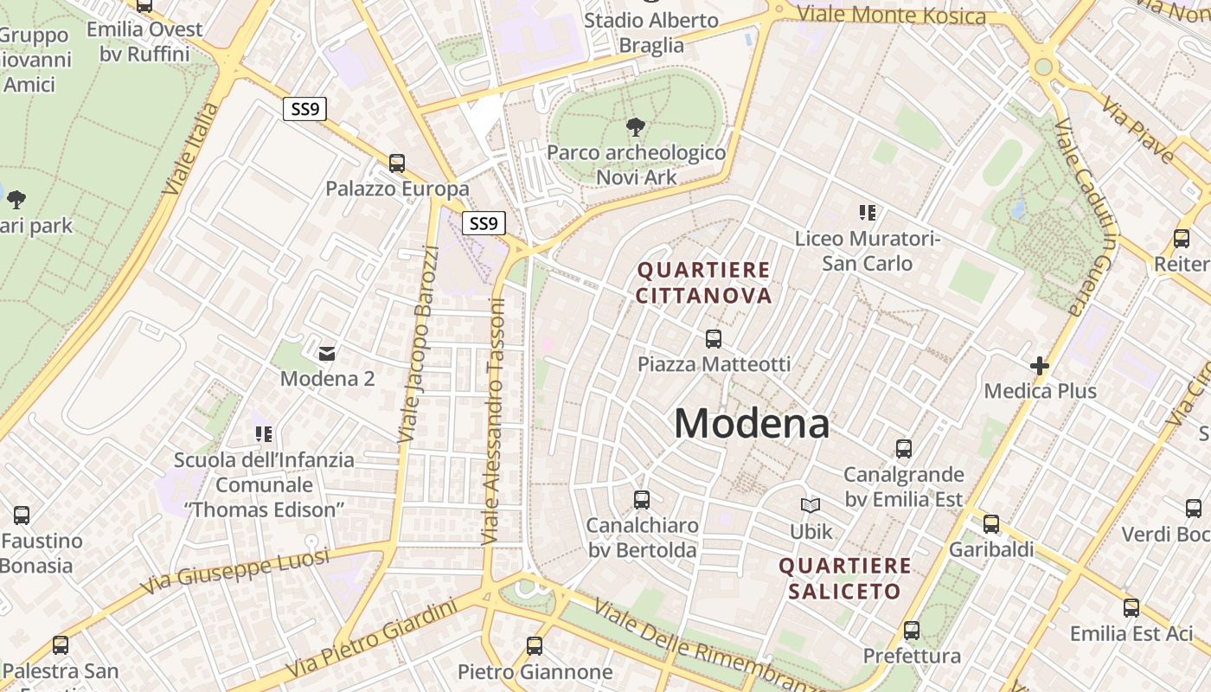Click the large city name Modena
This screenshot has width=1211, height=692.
[752, 424]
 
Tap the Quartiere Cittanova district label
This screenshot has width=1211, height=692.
[703, 283]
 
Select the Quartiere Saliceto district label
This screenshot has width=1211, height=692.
[845, 579]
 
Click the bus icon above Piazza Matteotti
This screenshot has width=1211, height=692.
[714, 339]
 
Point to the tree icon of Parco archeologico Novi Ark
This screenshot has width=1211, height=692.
[636, 128]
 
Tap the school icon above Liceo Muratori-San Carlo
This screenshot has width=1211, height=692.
[868, 212]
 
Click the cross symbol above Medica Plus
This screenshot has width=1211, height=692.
[1040, 366]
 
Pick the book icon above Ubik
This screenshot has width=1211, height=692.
[811, 506]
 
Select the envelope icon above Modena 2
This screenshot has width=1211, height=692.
[327, 353]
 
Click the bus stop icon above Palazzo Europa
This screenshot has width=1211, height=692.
[397, 163]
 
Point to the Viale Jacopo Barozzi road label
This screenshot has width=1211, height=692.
[419, 344]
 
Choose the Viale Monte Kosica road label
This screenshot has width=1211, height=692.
[891, 15]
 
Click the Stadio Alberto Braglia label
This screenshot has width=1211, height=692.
[651, 32]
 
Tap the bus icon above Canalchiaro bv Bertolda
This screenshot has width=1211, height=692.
[642, 499]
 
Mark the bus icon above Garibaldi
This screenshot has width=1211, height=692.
[991, 523]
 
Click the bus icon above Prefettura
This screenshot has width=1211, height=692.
[912, 631]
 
